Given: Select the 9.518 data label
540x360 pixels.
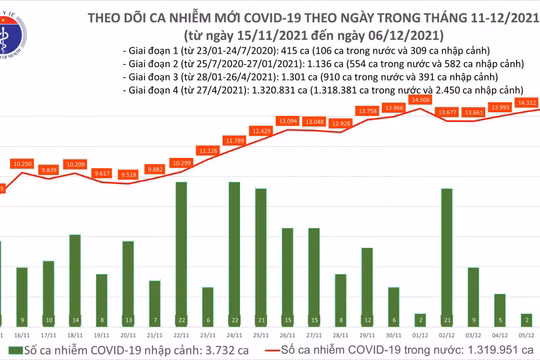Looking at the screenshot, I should [x=128, y=174].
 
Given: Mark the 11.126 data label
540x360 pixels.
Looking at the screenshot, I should [x=209, y=150].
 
